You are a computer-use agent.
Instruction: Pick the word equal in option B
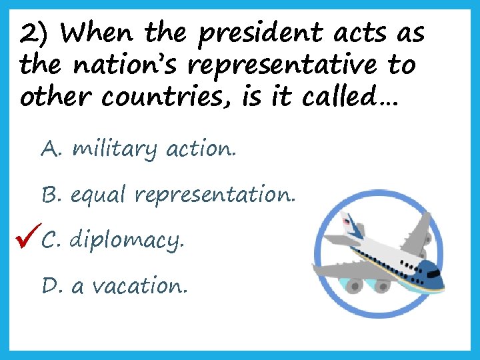click(x=98, y=195)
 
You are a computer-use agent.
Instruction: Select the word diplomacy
click(x=125, y=240)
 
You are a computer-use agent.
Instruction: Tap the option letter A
click(x=50, y=149)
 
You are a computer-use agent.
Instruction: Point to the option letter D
click(x=51, y=286)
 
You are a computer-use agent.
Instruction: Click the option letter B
click(x=51, y=195)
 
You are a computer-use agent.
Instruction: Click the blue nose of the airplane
click(x=434, y=279)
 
